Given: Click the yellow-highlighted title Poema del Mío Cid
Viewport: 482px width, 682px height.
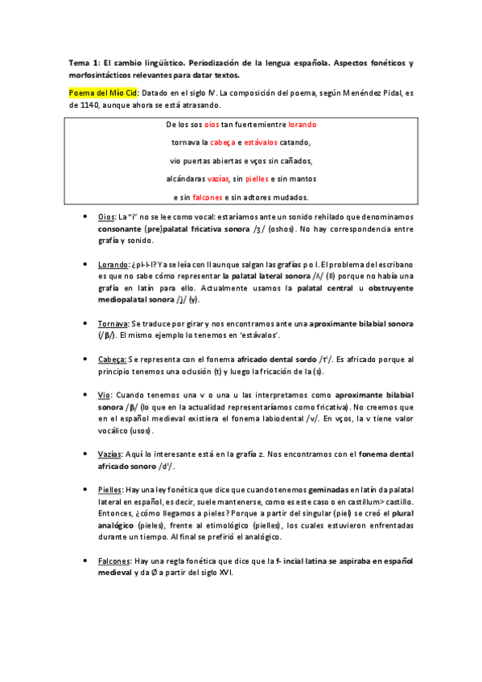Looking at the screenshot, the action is [102, 93].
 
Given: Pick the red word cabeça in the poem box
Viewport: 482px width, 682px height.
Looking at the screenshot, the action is [223, 143].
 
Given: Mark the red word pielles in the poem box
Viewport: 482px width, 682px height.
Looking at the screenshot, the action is [257, 179].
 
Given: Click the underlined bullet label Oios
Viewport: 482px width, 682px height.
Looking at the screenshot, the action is [106, 218].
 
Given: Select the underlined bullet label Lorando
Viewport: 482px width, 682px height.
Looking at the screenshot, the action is [113, 264].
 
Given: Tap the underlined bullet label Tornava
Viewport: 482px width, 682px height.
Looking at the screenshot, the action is [113, 323].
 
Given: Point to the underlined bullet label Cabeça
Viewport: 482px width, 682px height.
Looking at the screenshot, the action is [112, 359].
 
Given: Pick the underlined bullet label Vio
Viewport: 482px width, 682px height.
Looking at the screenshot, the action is [104, 395].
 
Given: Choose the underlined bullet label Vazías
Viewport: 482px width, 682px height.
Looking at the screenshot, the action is [111, 454].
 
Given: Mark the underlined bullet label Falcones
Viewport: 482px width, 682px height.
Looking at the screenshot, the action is [114, 560].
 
